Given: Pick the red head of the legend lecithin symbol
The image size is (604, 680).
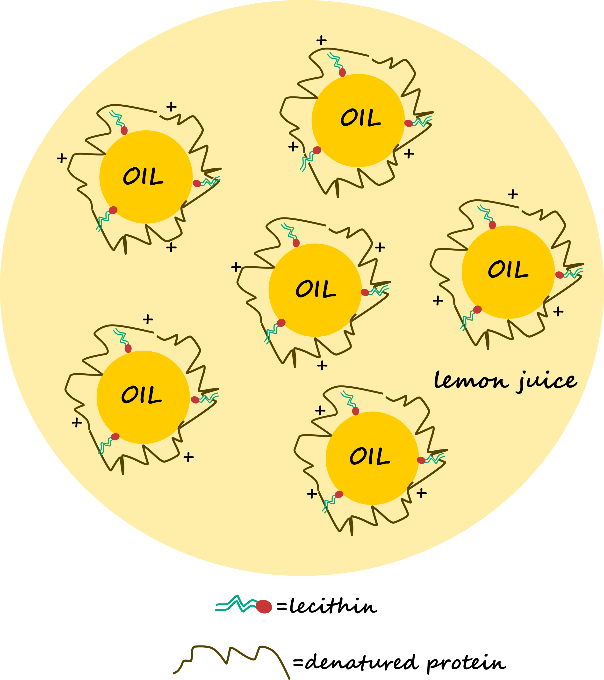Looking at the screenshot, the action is [x=264, y=606].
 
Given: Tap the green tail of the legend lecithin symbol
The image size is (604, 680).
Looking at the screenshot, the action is [x=236, y=604].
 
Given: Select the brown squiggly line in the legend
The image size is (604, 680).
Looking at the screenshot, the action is [x=231, y=662].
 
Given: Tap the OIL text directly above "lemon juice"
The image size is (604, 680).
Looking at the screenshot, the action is [x=508, y=269].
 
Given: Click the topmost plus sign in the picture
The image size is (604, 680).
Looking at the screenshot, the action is [x=321, y=40].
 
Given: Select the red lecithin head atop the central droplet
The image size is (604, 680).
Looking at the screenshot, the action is [x=296, y=243].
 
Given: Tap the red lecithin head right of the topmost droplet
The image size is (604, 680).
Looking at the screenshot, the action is [x=409, y=123].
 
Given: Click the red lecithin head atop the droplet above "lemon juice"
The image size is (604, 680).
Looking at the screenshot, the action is [x=492, y=225].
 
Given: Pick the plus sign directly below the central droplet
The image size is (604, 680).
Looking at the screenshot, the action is [x=322, y=366].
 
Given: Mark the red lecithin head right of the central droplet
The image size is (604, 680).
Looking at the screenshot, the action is [x=365, y=292].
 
